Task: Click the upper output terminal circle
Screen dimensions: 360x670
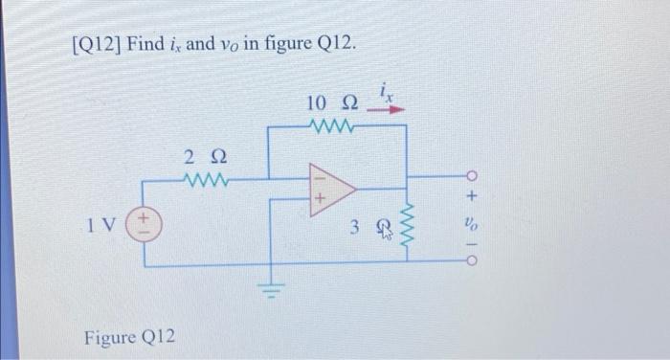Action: click(x=471, y=177)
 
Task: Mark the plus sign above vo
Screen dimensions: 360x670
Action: click(x=471, y=197)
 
